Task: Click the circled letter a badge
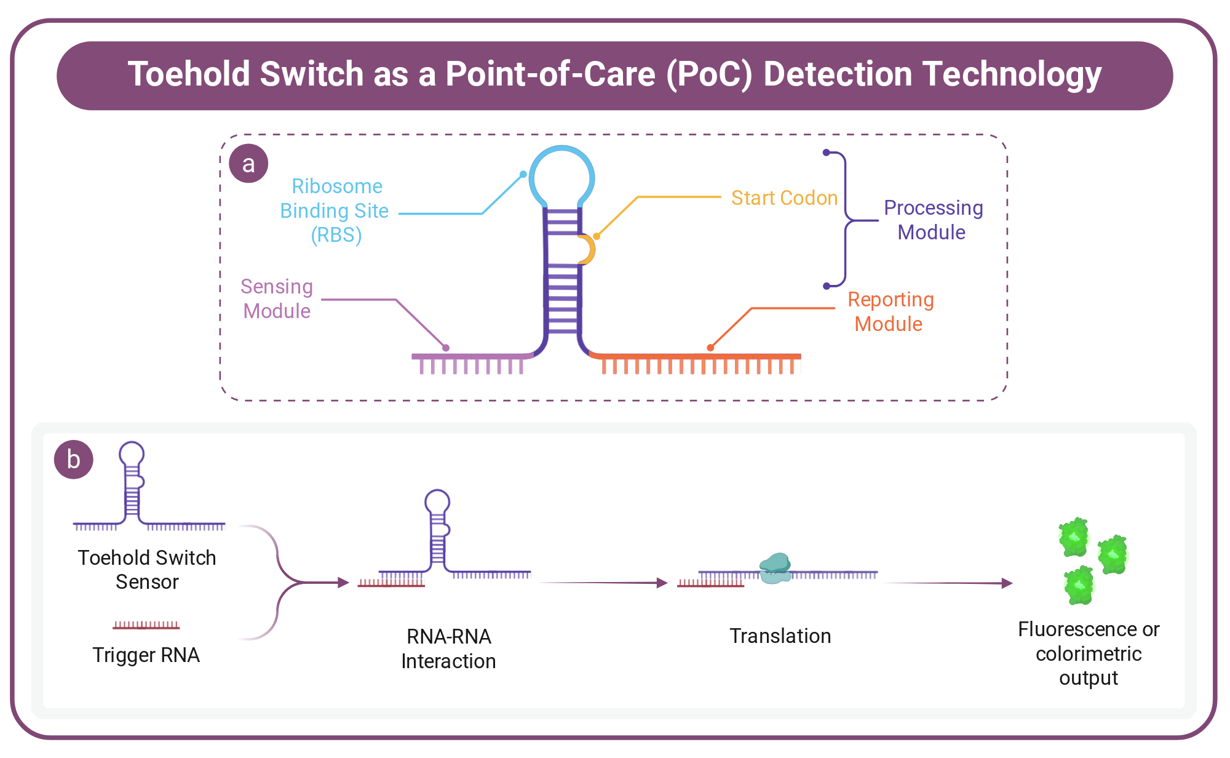pos(248,163)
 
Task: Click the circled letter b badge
pos(74,459)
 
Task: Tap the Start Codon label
pos(784,197)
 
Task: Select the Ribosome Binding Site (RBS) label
pos(335,210)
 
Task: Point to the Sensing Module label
pos(277,298)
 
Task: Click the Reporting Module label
pos(891,311)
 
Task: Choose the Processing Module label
pos(933,220)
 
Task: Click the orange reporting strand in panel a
pos(695,357)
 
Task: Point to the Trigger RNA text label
pos(146,655)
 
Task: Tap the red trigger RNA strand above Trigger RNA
pos(146,625)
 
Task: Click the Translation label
pos(780,636)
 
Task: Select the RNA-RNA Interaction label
pos(448,648)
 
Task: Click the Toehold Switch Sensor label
pos(147,569)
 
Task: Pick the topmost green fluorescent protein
pos(1074,537)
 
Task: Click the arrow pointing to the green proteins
pos(948,583)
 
